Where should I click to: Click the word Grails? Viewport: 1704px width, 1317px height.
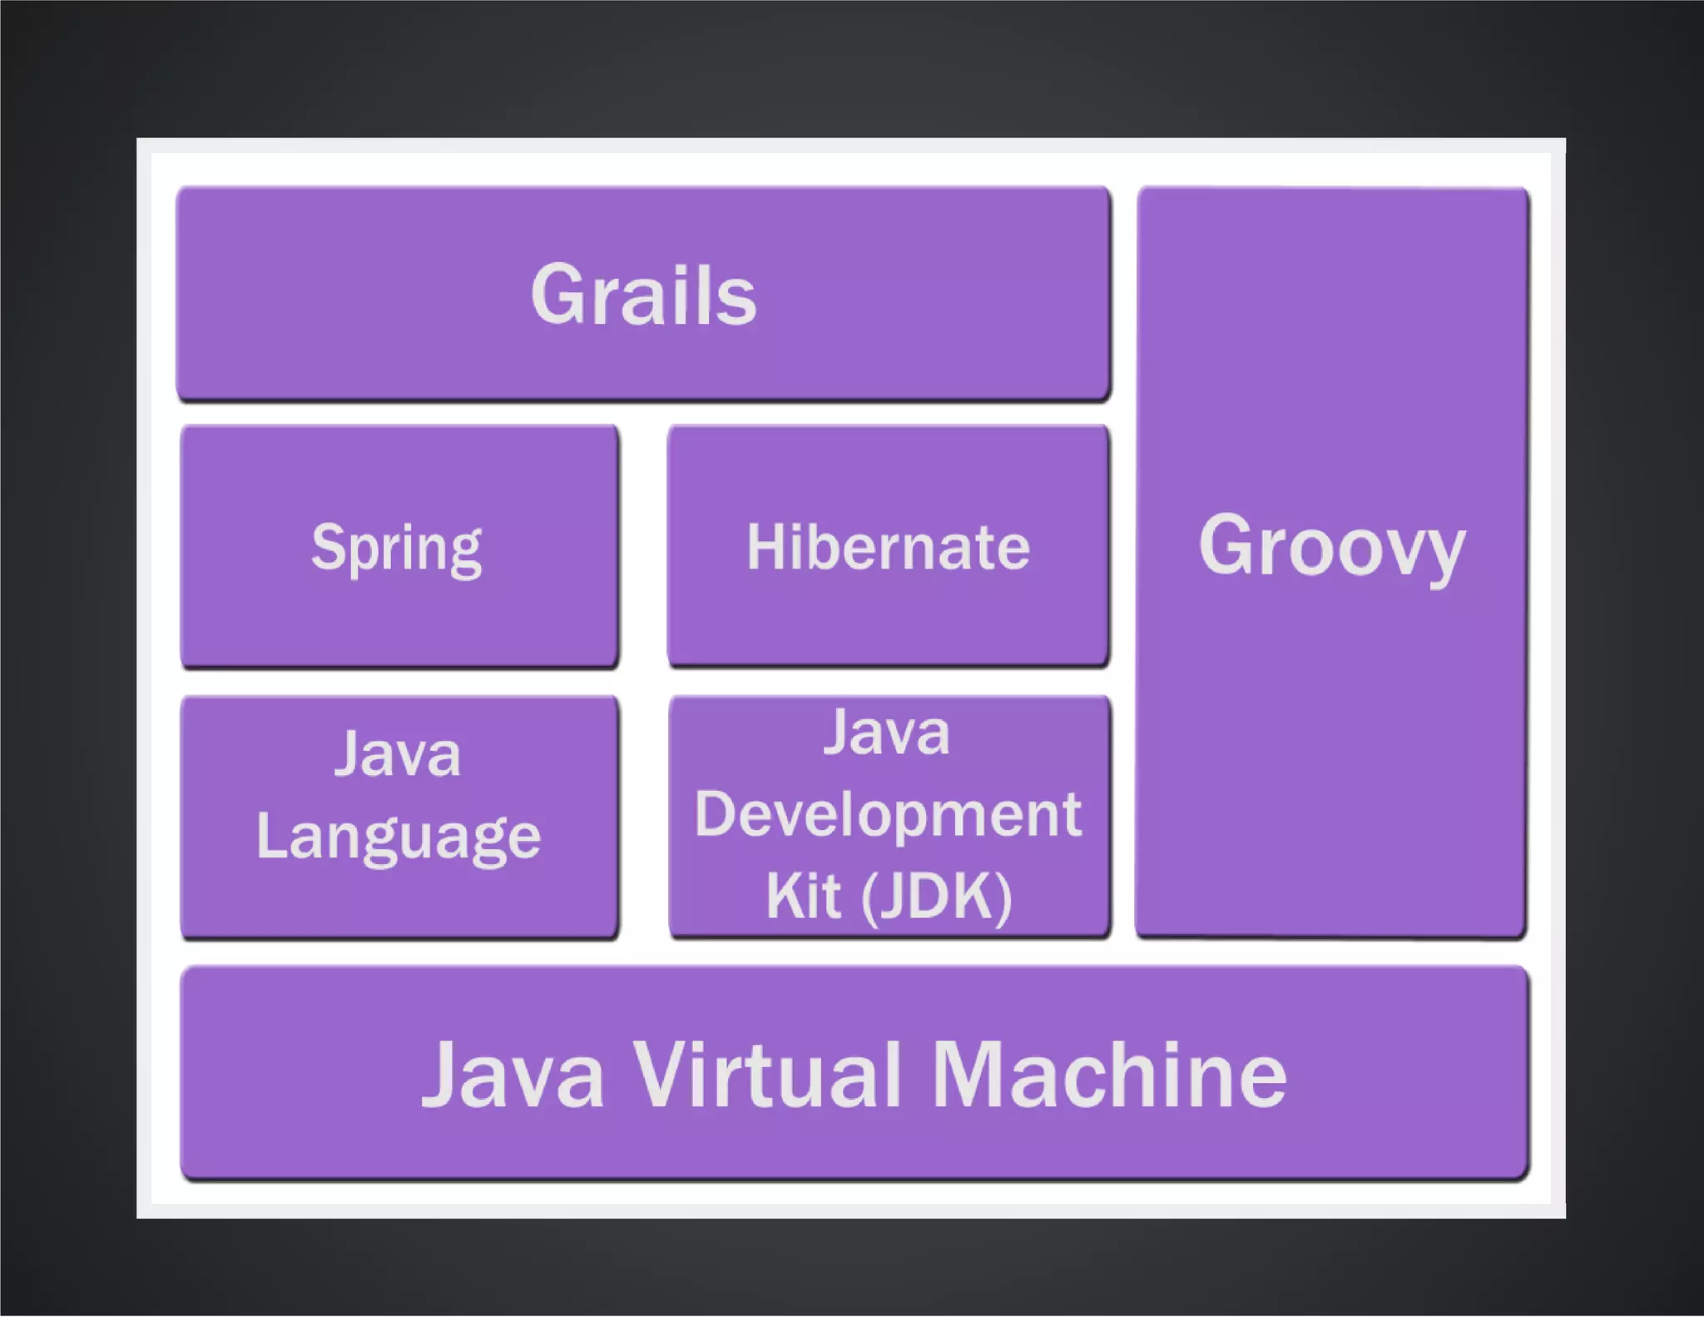point(643,295)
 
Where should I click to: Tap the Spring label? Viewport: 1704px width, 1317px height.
point(397,549)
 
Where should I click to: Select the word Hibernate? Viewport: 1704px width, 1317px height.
point(888,547)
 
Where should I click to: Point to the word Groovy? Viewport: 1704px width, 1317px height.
point(1331,547)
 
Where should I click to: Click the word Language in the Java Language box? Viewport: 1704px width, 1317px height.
point(399,837)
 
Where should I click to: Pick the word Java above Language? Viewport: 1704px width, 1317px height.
point(398,754)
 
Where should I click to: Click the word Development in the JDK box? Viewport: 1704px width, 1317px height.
point(888,814)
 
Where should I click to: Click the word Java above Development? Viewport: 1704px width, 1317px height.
point(887,733)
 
